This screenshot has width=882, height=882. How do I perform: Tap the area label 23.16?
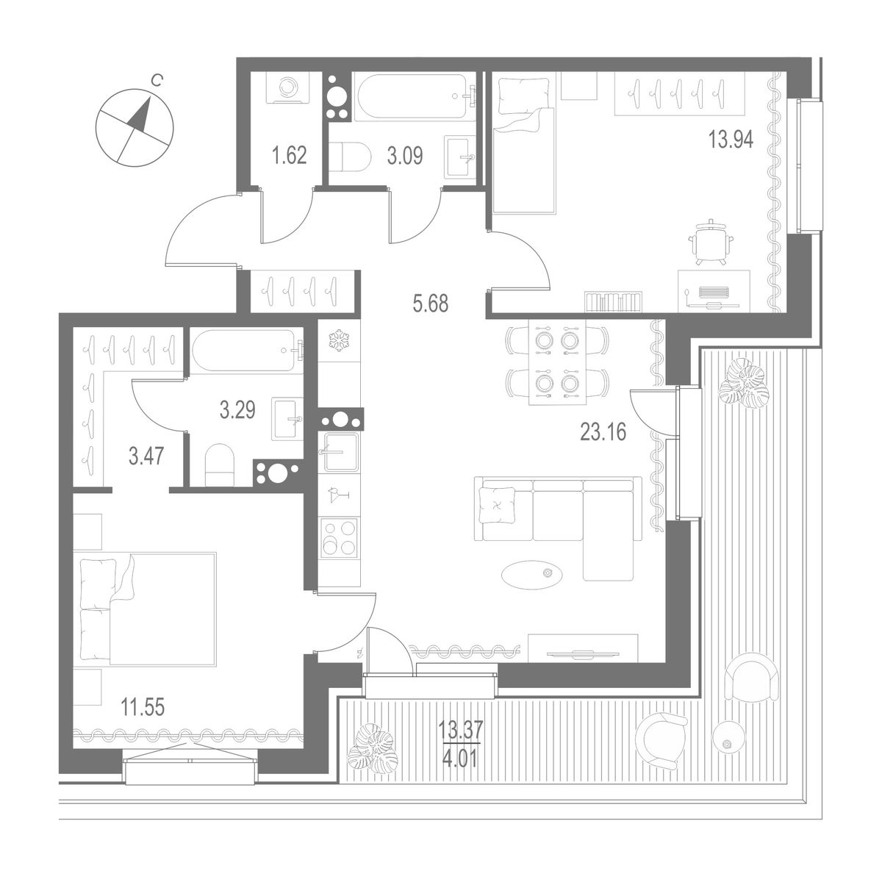tap(603, 432)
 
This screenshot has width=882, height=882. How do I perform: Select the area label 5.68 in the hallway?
tap(430, 303)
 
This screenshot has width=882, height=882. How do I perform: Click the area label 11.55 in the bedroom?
tap(143, 708)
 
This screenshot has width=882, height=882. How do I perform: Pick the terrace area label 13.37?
tap(458, 729)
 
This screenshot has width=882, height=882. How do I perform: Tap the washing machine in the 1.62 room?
tap(287, 90)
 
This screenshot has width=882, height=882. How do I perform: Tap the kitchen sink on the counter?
tap(338, 449)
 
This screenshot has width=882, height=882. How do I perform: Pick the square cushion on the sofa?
tap(497, 505)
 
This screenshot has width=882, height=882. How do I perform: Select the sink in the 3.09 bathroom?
tap(462, 156)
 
